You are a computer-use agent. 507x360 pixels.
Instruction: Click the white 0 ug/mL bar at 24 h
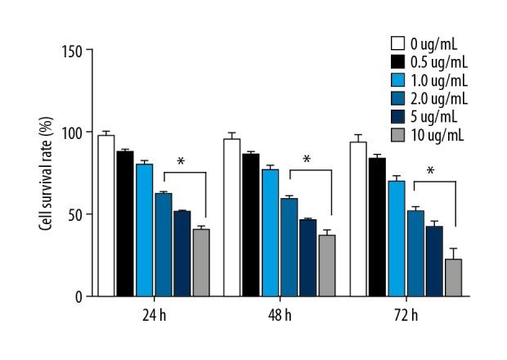point(105,216)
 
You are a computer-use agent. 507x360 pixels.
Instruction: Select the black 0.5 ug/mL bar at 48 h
point(250,225)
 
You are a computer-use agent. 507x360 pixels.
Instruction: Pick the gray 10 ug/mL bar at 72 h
point(453,278)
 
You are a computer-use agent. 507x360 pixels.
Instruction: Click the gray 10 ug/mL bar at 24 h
point(201,263)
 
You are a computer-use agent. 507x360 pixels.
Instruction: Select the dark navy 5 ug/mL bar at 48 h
point(307,258)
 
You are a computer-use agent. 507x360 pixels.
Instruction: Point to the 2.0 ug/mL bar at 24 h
point(163,245)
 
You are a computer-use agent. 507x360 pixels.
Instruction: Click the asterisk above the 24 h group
point(181,162)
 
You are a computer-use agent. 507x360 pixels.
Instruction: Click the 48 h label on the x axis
point(278,315)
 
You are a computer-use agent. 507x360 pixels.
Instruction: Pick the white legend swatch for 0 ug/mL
point(398,43)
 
